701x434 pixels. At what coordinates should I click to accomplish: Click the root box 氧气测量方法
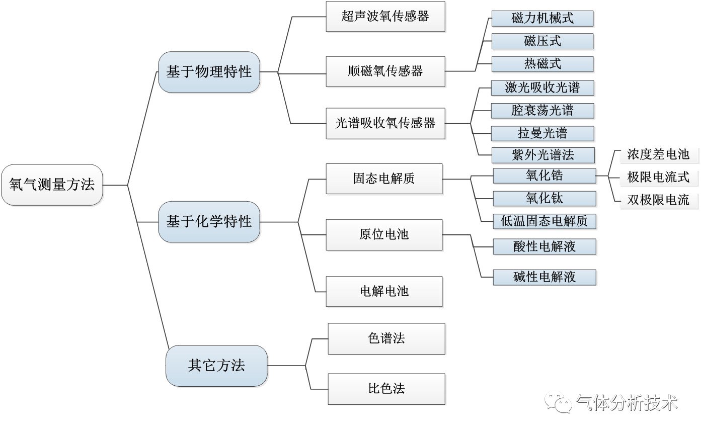click(52, 185)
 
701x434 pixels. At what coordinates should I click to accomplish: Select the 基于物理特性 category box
click(209, 72)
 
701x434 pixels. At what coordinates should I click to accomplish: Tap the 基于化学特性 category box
click(209, 221)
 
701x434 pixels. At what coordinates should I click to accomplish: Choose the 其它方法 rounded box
click(216, 366)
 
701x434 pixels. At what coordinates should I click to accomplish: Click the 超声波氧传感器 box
click(385, 17)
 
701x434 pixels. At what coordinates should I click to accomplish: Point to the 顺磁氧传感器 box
click(385, 71)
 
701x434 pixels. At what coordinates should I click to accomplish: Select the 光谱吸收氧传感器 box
click(385, 123)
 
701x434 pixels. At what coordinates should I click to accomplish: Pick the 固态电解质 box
click(384, 179)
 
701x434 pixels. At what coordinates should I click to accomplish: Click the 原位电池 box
click(384, 234)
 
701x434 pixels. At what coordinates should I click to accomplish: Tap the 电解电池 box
click(384, 291)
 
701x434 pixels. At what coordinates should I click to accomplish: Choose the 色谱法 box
click(386, 338)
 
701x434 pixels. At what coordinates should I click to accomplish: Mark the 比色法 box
click(386, 389)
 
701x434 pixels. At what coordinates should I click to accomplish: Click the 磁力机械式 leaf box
click(542, 19)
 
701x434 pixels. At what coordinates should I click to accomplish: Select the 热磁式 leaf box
click(542, 64)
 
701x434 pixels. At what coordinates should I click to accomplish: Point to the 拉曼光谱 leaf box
click(542, 133)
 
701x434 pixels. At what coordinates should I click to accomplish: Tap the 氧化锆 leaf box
click(544, 176)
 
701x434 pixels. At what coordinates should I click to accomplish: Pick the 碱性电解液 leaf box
click(544, 277)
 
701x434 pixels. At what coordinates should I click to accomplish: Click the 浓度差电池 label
click(658, 154)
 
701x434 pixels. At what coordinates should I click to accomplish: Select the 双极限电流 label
click(658, 200)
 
